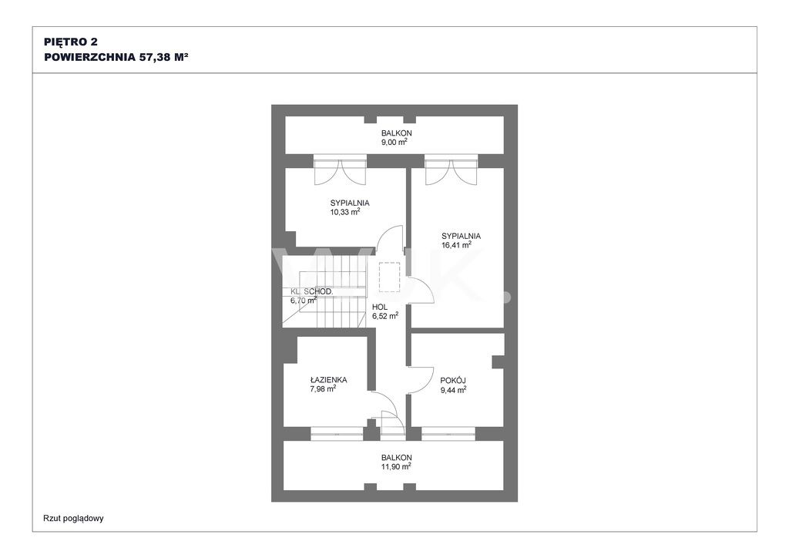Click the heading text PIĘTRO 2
pos(71,42)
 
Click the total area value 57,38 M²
pos(163,57)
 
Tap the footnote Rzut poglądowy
pos(73,518)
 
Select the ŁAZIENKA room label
pos(328,380)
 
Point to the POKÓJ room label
pos(453,381)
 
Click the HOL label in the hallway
pos(380,307)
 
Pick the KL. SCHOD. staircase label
pos(311,291)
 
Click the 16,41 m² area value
pos(456,245)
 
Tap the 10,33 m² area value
pos(345,212)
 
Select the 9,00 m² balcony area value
pos(394,143)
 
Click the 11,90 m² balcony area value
pos(397,466)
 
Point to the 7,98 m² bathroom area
pos(323,389)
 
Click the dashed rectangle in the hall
pos(389,277)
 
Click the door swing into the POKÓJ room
pos(421,381)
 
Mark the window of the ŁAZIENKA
pos(337,434)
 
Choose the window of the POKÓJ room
pos(448,434)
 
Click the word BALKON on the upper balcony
pos(397,133)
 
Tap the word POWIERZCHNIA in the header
pos(90,57)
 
